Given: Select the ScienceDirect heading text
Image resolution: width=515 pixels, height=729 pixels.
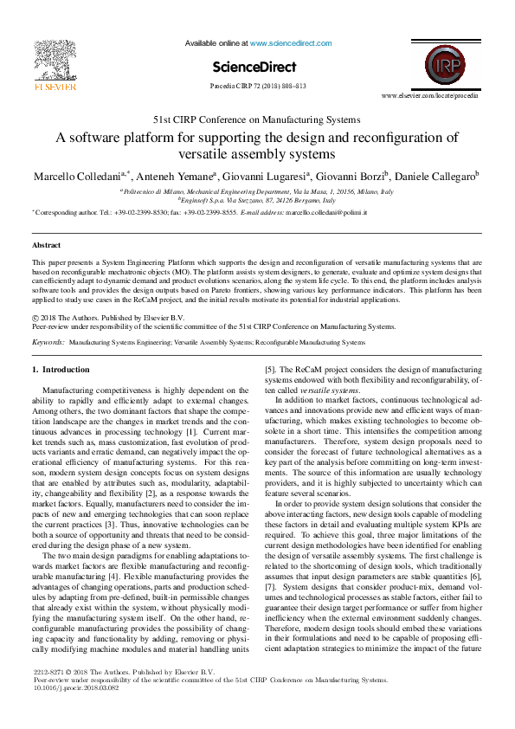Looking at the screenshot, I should point(256,67).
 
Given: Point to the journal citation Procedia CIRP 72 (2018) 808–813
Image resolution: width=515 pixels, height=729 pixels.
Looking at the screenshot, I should point(257,87).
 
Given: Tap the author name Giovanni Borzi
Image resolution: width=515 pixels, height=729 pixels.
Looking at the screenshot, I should point(361,177).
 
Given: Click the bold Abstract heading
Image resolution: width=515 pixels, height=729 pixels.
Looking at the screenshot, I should point(46,246).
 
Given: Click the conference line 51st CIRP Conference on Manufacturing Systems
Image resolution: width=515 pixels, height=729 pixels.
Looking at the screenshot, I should point(257,119).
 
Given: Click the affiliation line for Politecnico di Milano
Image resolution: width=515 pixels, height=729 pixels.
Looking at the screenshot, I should point(257,190).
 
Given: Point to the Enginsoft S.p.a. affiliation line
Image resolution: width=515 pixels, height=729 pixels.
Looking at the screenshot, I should point(257,200).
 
